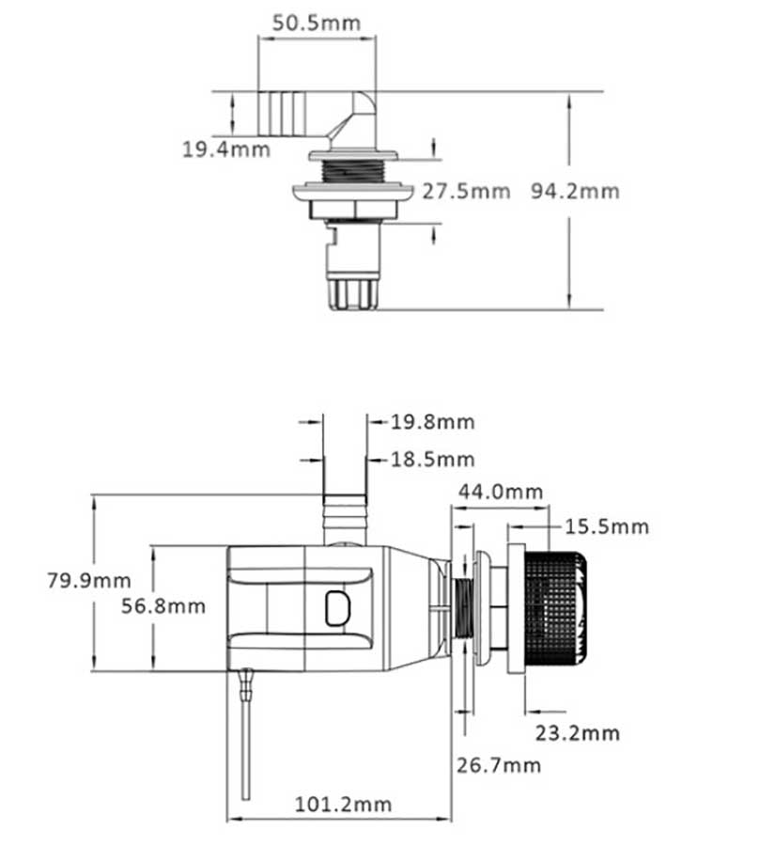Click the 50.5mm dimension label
pyautogui.click(x=316, y=23)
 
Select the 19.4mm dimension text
pyautogui.click(x=225, y=149)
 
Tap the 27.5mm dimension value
pyautogui.click(x=465, y=192)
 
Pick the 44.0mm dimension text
pyautogui.click(x=500, y=492)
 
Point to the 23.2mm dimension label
pyautogui.click(x=577, y=732)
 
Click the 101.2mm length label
pyautogui.click(x=343, y=805)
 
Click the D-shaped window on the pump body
pyautogui.click(x=336, y=608)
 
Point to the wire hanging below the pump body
pyautogui.click(x=246, y=743)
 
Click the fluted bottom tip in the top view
pyautogui.click(x=352, y=291)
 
